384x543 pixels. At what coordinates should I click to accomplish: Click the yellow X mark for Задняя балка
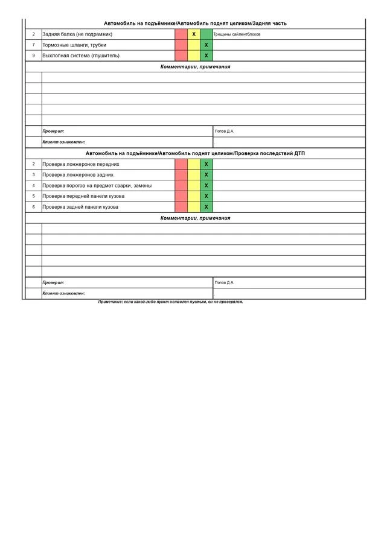click(x=194, y=34)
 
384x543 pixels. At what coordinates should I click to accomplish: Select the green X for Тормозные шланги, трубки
click(x=206, y=45)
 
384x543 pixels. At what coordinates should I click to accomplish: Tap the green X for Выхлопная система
click(x=206, y=56)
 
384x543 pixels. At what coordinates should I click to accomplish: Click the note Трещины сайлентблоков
click(x=237, y=34)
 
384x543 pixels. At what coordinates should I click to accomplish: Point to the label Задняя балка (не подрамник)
click(x=77, y=34)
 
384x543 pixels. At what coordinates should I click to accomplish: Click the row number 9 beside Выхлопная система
click(x=34, y=56)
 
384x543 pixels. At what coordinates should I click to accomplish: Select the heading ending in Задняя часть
click(x=195, y=24)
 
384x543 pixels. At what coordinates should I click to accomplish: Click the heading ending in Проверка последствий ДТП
click(x=195, y=154)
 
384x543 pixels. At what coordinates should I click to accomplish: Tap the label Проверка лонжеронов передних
click(x=81, y=164)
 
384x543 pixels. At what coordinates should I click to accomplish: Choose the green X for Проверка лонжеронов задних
click(x=206, y=175)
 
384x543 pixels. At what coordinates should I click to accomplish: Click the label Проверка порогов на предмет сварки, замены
click(x=97, y=186)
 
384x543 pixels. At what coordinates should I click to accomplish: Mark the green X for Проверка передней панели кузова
click(x=206, y=197)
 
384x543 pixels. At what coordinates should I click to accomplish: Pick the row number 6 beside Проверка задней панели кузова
click(x=34, y=208)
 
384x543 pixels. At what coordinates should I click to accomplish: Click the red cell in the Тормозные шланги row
click(x=181, y=45)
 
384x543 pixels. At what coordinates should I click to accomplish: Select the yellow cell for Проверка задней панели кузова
click(x=194, y=208)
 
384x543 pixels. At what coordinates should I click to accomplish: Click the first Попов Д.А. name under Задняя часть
click(x=225, y=132)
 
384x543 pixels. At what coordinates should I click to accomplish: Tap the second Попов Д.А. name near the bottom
click(x=225, y=283)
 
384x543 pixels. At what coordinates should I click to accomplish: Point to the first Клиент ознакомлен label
click(x=63, y=142)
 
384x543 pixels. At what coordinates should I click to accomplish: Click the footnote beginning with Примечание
click(x=171, y=302)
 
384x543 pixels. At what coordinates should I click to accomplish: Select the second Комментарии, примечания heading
click(x=195, y=218)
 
